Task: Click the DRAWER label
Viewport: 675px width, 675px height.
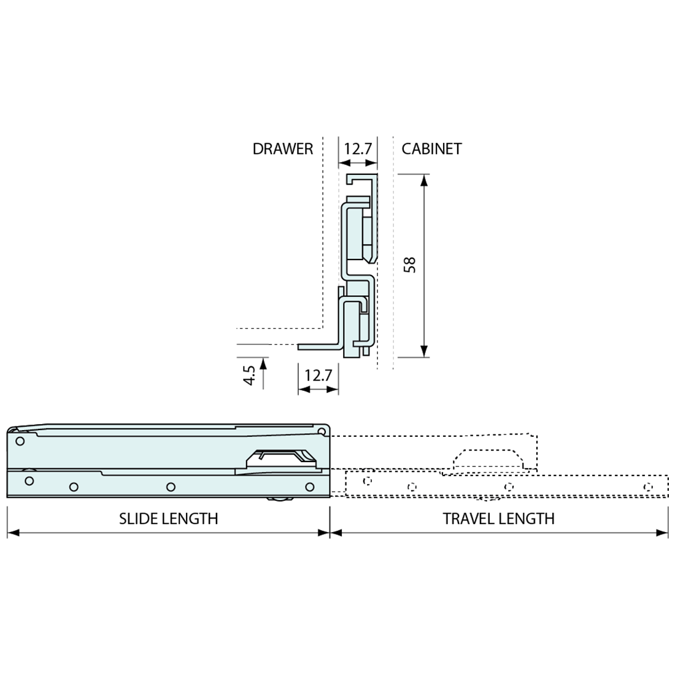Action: (x=282, y=149)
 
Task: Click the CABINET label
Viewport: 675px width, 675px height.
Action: (x=431, y=149)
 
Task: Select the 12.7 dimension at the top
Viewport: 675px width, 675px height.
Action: (x=357, y=149)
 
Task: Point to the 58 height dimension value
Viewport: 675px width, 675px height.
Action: (x=410, y=264)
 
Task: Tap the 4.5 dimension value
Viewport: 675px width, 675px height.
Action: (x=249, y=375)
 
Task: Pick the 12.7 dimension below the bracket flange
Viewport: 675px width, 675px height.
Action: (x=318, y=374)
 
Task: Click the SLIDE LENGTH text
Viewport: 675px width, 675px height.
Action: (x=168, y=519)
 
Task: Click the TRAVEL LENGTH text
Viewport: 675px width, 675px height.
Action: (x=498, y=519)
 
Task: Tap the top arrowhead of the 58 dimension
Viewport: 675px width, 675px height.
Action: (x=424, y=180)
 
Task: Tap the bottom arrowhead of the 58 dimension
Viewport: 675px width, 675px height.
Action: (x=424, y=351)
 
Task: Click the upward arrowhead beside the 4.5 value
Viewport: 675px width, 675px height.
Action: (x=264, y=363)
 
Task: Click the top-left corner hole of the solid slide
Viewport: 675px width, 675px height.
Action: (x=20, y=441)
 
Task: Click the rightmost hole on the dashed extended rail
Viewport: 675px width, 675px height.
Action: (x=648, y=487)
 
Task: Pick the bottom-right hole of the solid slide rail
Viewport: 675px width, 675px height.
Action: (x=310, y=487)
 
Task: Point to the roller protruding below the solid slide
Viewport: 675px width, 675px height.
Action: (x=279, y=501)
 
